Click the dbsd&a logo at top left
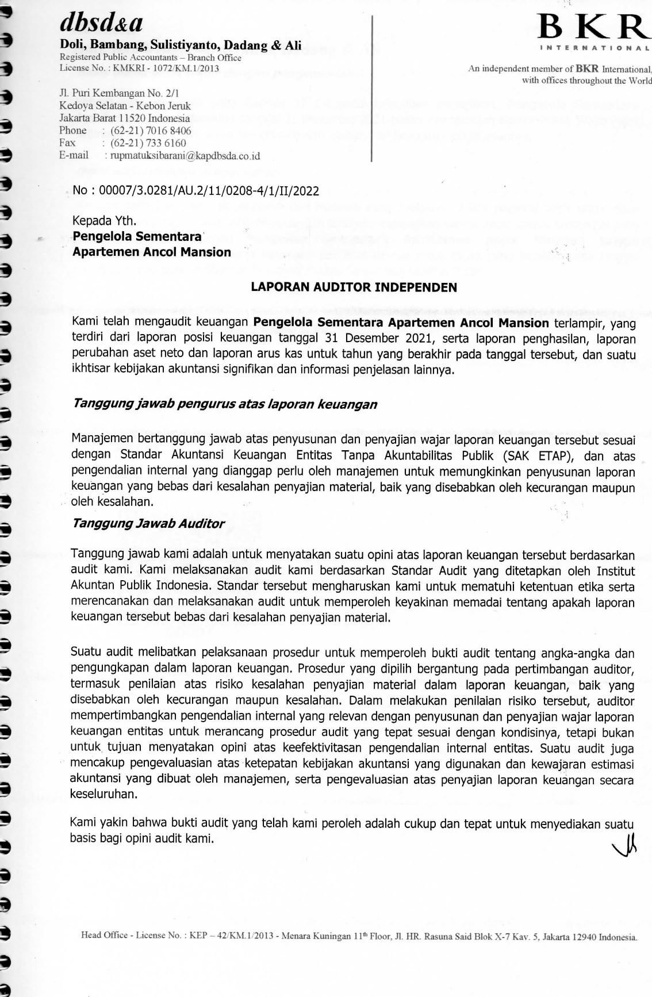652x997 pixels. point(101,24)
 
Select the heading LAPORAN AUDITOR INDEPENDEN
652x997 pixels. point(354,287)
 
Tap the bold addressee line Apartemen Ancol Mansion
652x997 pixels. point(152,252)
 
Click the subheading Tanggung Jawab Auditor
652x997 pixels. point(148,523)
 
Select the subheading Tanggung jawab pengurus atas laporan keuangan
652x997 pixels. point(225,404)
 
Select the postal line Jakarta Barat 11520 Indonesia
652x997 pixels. point(125,118)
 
